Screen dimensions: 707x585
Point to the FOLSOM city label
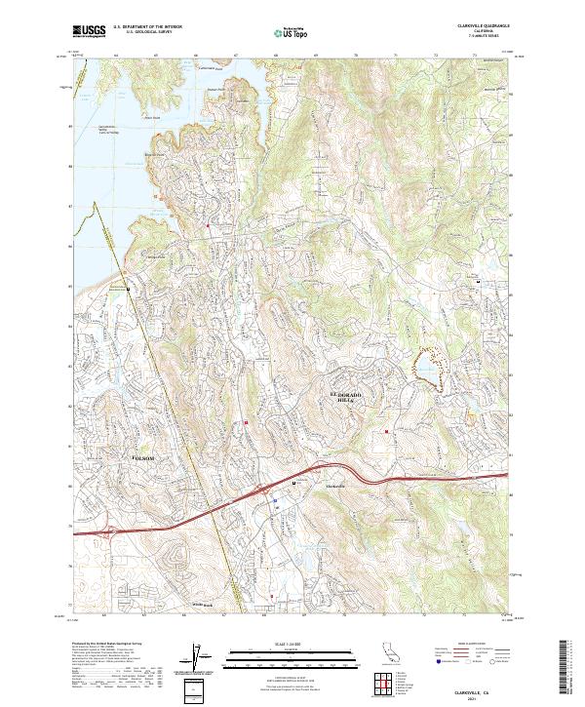(144, 456)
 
